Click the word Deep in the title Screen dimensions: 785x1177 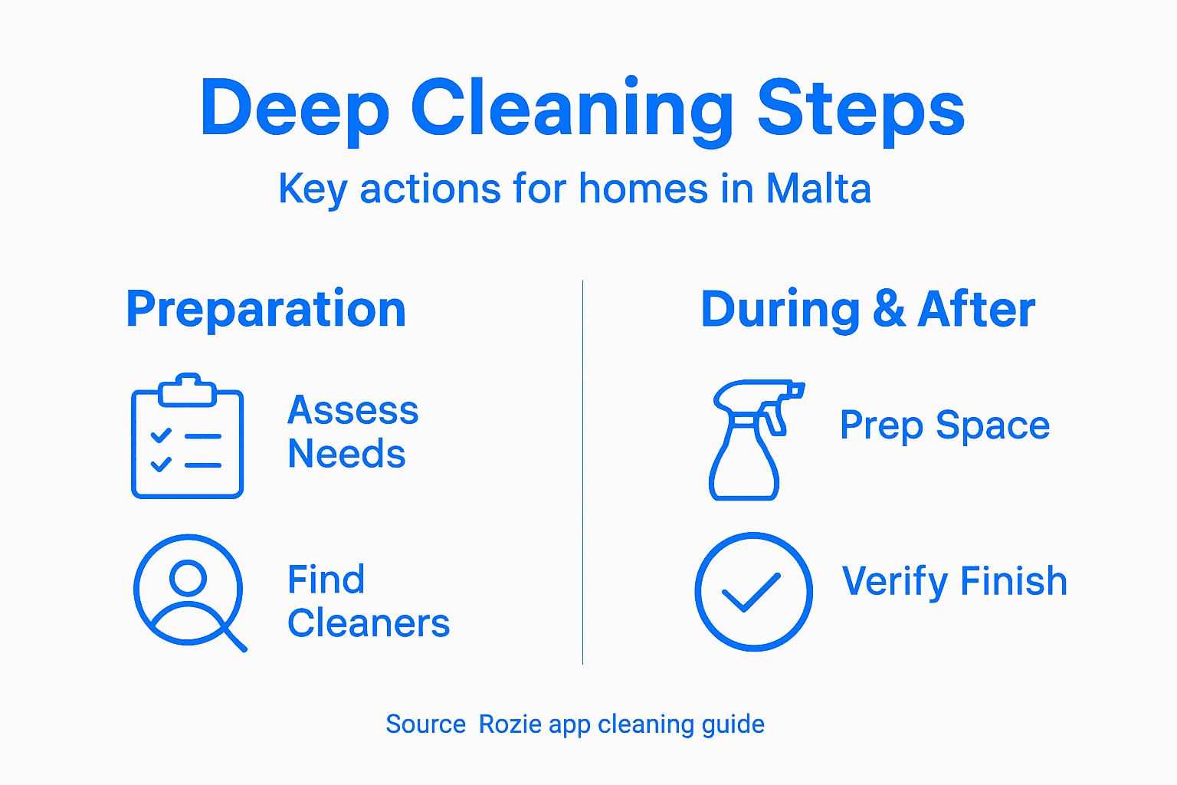295,109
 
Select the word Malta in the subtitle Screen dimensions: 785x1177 818,189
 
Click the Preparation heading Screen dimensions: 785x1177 266,309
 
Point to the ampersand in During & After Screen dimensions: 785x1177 888,309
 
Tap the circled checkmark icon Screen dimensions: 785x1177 753,592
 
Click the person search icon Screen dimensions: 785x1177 189,591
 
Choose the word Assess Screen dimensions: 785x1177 352,410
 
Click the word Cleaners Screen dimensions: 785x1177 369,623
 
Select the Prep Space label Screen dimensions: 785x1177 944,425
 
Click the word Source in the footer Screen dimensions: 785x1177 425,724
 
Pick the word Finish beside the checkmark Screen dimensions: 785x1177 1013,581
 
